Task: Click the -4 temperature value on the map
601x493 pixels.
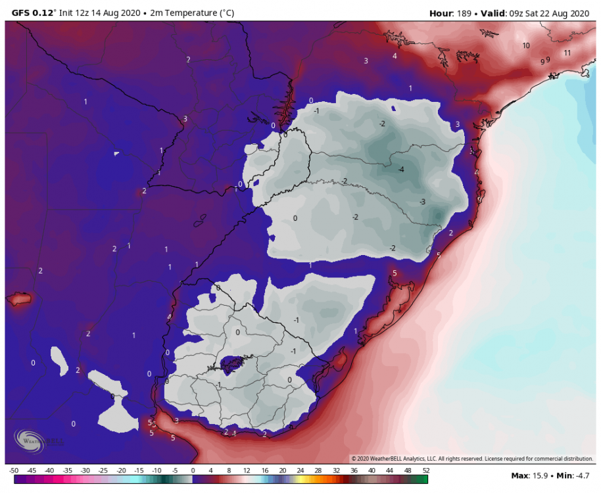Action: (400, 170)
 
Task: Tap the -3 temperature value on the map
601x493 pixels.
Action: (423, 202)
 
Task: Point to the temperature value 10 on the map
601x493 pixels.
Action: (526, 46)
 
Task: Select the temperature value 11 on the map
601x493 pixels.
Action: (567, 53)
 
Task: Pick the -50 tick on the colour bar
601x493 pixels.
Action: (14, 471)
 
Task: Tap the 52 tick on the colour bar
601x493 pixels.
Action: (425, 471)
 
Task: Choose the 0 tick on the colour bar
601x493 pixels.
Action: (193, 471)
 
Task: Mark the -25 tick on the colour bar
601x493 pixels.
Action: (103, 471)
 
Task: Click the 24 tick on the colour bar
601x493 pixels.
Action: (300, 471)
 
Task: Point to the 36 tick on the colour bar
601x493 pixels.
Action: (354, 471)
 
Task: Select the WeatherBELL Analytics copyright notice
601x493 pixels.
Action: (471, 459)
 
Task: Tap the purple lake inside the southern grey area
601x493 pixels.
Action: (231, 362)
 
